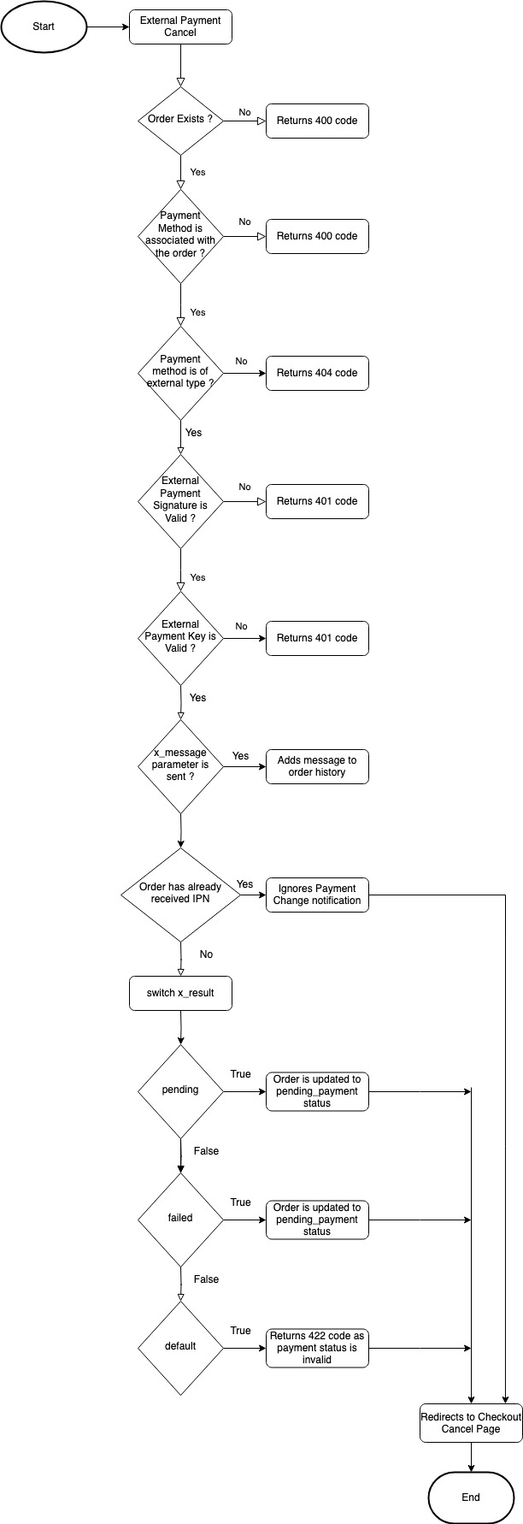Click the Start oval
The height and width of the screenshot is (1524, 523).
(x=44, y=27)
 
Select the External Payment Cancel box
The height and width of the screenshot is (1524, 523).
(x=180, y=27)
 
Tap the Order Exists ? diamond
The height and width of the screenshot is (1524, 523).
(x=180, y=121)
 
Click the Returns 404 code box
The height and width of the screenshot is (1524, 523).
(x=317, y=373)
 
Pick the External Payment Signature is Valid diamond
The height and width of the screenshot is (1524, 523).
(x=180, y=501)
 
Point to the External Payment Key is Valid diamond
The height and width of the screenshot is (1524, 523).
(x=180, y=638)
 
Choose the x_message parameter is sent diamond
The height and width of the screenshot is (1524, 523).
(x=180, y=766)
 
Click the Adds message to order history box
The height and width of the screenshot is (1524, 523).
(x=317, y=766)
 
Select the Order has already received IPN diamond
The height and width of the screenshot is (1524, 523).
(x=180, y=895)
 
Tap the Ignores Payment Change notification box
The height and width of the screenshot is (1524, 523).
(x=317, y=895)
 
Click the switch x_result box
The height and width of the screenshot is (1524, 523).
(x=180, y=993)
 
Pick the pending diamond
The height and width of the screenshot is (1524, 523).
(x=180, y=1091)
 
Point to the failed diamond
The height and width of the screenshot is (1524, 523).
(x=180, y=1220)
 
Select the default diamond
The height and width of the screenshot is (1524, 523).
(x=180, y=1348)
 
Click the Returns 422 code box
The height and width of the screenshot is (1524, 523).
(x=317, y=1348)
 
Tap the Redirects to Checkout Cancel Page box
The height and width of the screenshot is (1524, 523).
(x=471, y=1423)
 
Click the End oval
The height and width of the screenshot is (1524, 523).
(x=471, y=1497)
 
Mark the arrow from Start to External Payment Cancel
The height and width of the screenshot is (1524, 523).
(x=108, y=27)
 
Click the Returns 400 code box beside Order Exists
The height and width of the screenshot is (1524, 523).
(x=317, y=121)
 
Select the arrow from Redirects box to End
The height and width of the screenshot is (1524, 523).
(x=471, y=1457)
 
